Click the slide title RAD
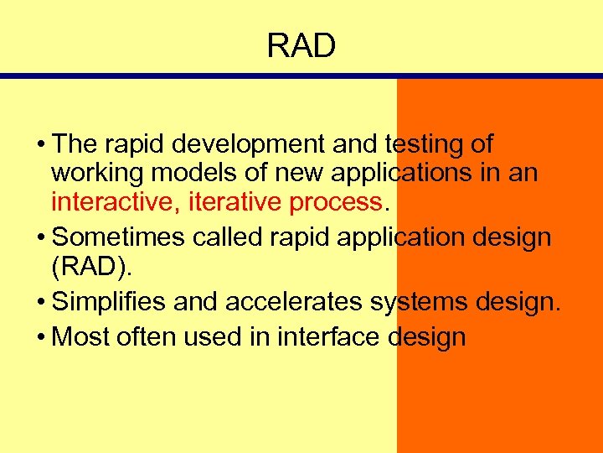(301, 46)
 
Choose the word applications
(407, 174)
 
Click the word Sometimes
(120, 237)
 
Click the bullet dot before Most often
(41, 338)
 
